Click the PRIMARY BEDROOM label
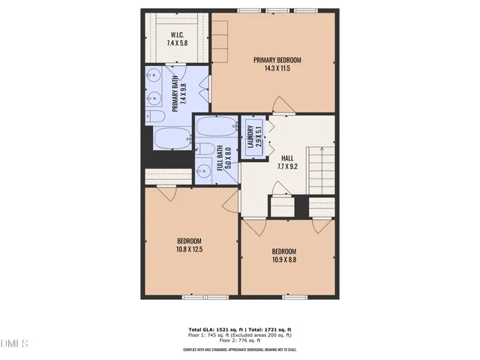tap(277, 60)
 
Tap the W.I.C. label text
tap(177, 34)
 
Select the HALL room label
tap(287, 158)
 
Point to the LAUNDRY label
tap(250, 137)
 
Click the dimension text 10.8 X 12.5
tap(190, 249)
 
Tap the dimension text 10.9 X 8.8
tap(283, 260)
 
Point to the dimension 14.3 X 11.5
tap(277, 69)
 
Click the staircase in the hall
tap(322, 169)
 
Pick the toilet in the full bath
tap(202, 148)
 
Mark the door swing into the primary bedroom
tap(280, 105)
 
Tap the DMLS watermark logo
tap(14, 344)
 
